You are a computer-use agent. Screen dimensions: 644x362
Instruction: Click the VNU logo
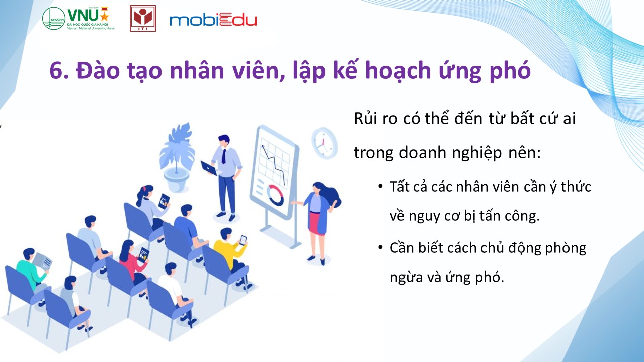tap(78, 18)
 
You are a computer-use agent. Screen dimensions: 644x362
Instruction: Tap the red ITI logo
tap(143, 18)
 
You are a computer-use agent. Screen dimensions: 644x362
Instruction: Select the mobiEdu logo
tap(213, 20)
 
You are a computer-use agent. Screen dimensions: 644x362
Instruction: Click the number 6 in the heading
tap(56, 71)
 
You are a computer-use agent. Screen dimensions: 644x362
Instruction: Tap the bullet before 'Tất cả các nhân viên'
tap(381, 186)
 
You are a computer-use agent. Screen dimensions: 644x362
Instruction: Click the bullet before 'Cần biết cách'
tap(381, 247)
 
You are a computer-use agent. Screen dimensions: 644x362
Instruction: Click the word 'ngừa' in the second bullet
tap(406, 277)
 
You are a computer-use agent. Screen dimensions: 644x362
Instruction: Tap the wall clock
tap(325, 143)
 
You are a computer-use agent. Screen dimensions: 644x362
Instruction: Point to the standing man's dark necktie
tap(224, 156)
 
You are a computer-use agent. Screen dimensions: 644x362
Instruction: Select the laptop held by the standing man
tap(209, 168)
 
